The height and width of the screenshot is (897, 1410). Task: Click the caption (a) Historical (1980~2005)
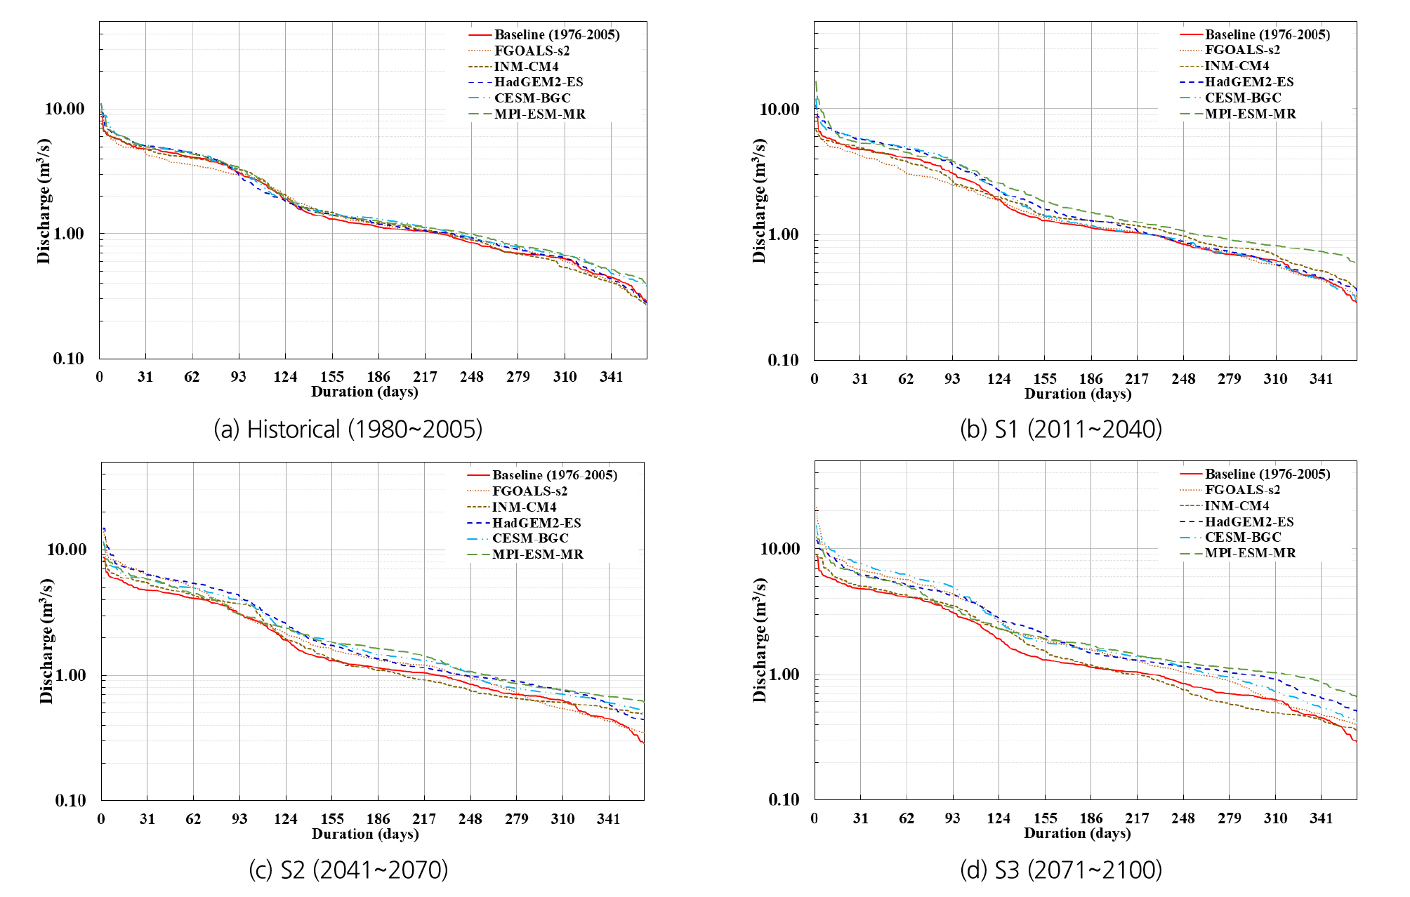pos(348,429)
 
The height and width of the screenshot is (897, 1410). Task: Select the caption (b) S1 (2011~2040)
pos(1060,429)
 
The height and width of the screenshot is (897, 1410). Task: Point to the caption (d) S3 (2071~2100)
pos(1060,870)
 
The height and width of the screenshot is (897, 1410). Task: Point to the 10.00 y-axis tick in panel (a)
pos(64,109)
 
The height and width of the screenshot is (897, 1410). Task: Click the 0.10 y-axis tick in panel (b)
pos(783,360)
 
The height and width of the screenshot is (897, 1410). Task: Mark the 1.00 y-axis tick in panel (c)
pos(66,675)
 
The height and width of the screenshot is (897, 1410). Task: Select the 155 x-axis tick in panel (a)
pos(332,377)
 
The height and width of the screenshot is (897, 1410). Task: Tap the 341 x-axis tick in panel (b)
pos(1321,379)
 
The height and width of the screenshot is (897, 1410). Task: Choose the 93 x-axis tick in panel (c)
pos(239,819)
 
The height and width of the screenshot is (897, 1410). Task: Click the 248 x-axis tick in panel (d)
pos(1183,818)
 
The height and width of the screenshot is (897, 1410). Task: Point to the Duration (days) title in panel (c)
pos(365,834)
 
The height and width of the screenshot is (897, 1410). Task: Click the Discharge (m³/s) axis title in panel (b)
pos(759,201)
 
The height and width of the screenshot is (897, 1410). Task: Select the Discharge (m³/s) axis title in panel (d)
pos(759,640)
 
